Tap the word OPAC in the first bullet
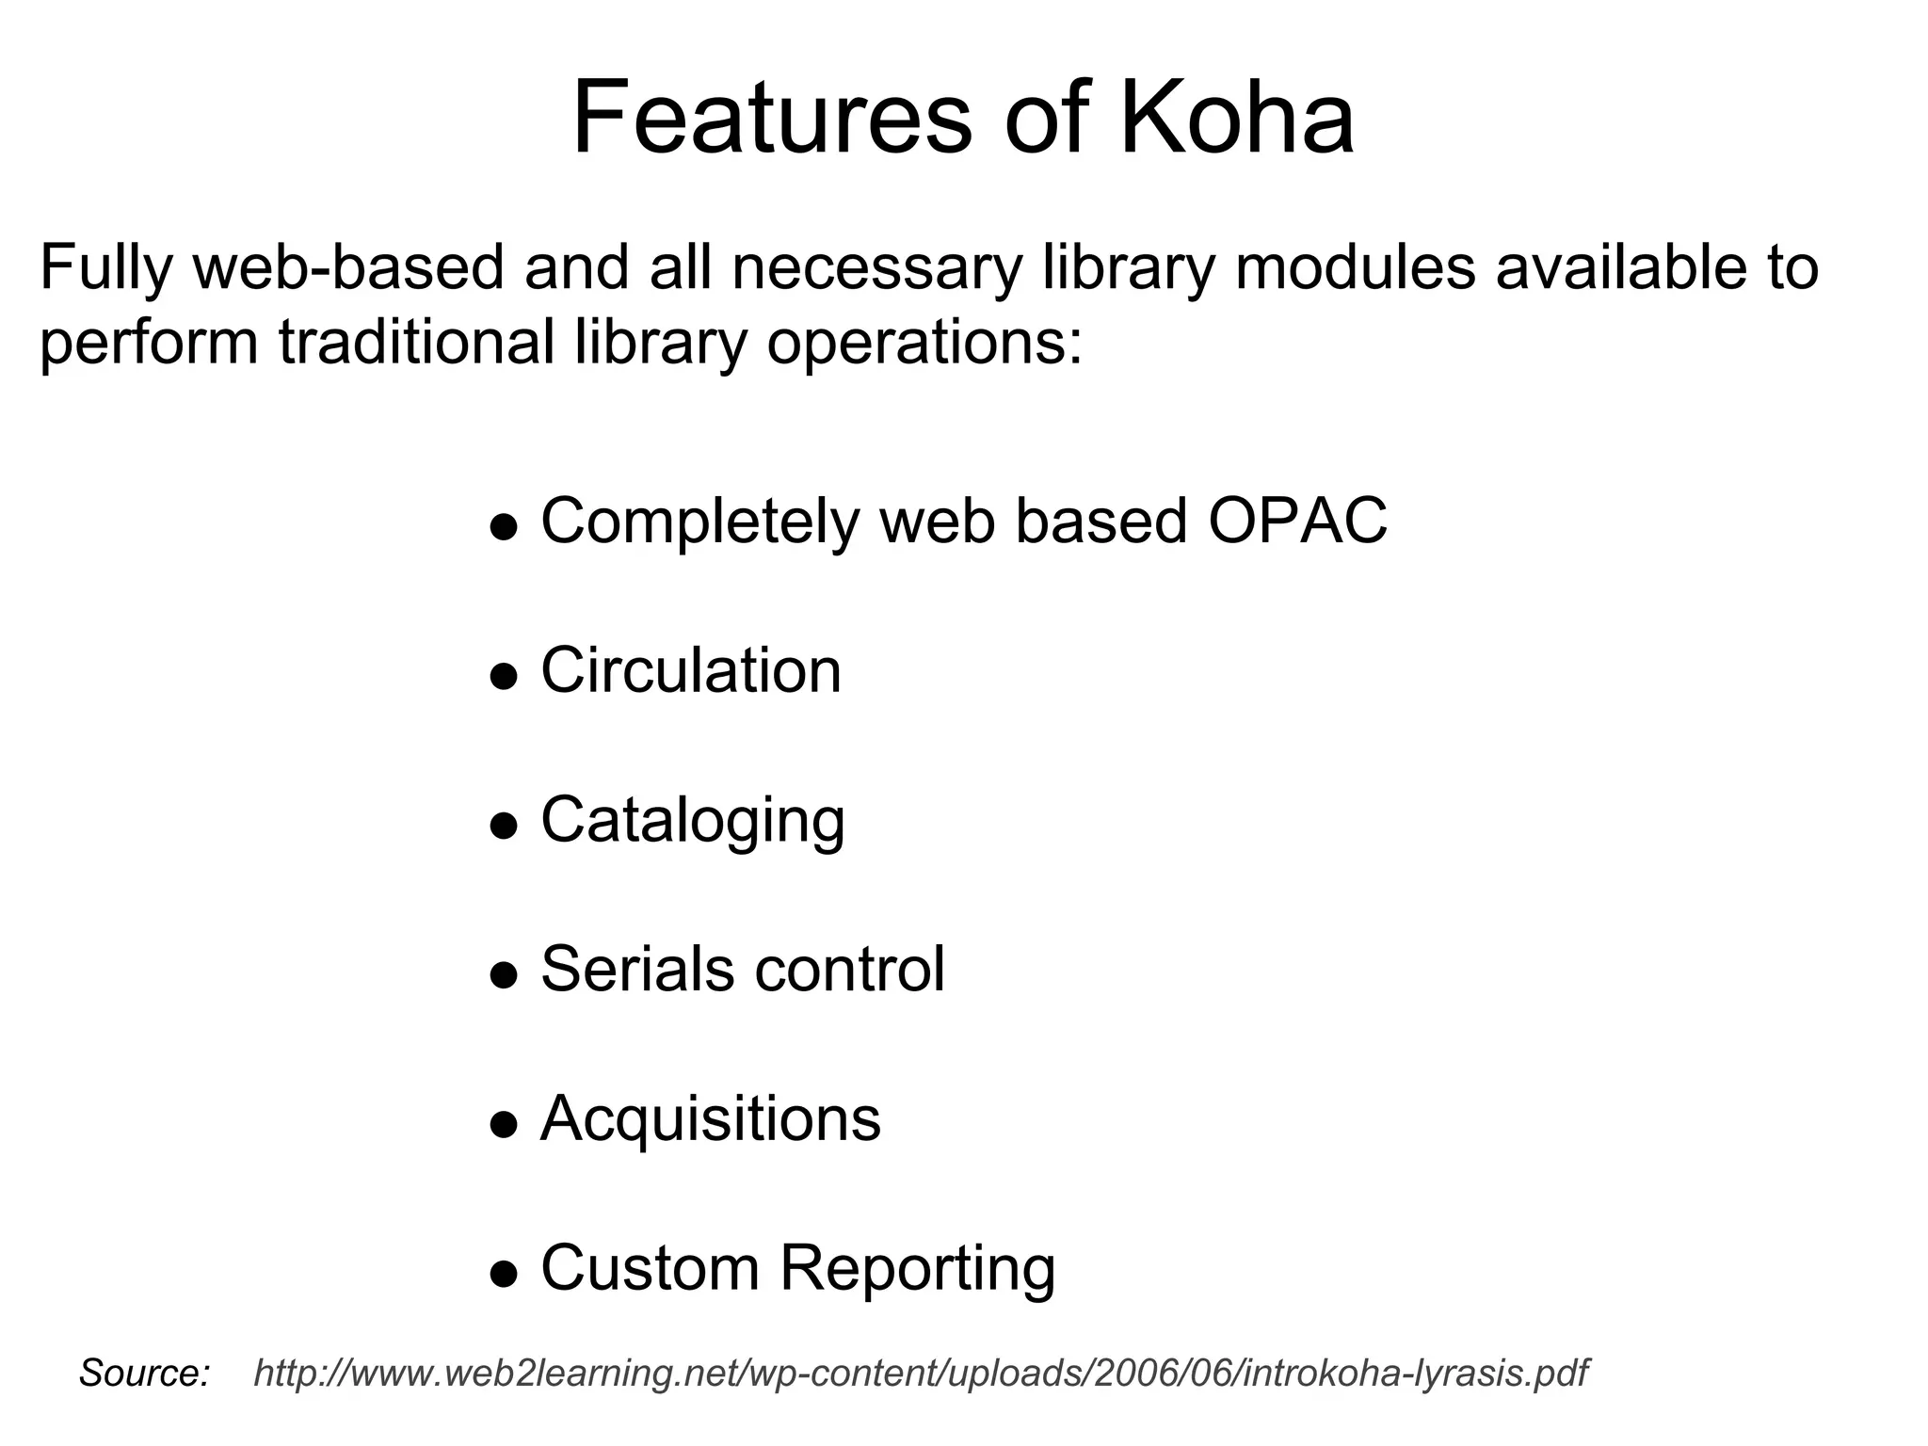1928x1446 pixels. click(x=1297, y=520)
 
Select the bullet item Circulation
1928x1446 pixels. click(x=691, y=670)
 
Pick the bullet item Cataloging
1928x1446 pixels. click(x=693, y=820)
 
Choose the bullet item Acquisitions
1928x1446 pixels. click(x=711, y=1118)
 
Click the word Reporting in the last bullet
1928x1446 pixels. click(x=917, y=1268)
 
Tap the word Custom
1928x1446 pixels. click(x=650, y=1268)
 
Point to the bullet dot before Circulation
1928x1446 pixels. click(x=505, y=676)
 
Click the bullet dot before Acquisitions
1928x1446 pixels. click(x=505, y=1124)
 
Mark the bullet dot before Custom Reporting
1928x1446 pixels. click(x=505, y=1274)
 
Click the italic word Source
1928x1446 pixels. click(x=144, y=1374)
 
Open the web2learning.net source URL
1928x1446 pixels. click(x=921, y=1374)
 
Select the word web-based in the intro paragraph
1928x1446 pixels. click(x=349, y=267)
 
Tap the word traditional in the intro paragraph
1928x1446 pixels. click(x=416, y=343)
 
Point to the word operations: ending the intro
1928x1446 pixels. click(x=924, y=343)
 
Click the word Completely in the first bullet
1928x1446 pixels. click(x=700, y=520)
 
